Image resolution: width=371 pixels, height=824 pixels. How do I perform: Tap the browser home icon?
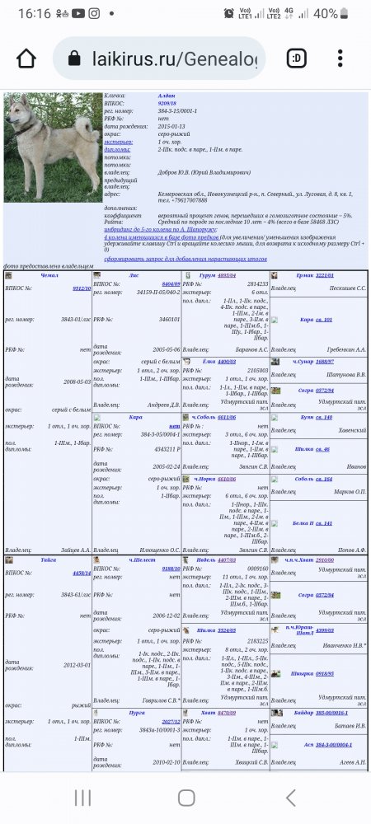[x=26, y=59]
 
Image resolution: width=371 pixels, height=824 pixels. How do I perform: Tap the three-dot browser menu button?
[x=340, y=59]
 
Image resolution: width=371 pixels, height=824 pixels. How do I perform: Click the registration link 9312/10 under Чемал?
[x=82, y=288]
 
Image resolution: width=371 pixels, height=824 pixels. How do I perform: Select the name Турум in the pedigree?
[x=207, y=275]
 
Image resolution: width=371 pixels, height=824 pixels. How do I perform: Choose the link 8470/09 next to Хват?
[x=226, y=712]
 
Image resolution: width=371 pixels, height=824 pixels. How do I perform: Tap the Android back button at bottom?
[x=290, y=797]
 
